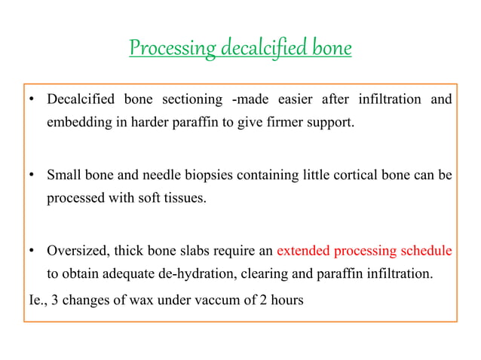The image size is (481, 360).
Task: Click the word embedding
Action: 77,123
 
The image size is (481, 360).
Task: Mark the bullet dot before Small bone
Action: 32,176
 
